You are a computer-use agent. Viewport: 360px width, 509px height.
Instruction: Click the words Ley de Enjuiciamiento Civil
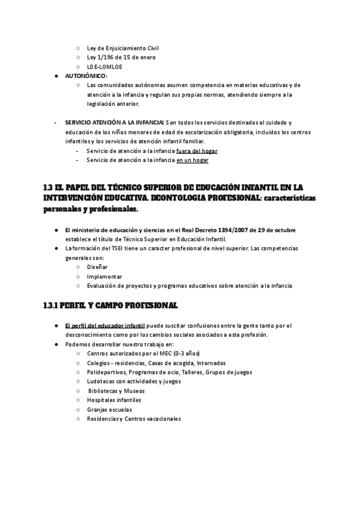[x=122, y=47]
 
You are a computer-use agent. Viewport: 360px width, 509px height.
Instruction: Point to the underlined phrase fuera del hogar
[x=197, y=151]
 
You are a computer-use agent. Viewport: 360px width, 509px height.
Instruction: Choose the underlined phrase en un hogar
[x=192, y=160]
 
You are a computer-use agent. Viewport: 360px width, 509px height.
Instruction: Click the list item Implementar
[x=104, y=277]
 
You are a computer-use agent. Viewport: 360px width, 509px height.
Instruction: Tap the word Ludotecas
[x=101, y=381]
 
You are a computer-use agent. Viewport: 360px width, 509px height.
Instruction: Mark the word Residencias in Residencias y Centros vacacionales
[x=103, y=419]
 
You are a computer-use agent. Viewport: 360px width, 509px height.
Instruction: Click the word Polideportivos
[x=106, y=372]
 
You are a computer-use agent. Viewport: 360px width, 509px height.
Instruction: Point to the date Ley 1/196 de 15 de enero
[x=121, y=57]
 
